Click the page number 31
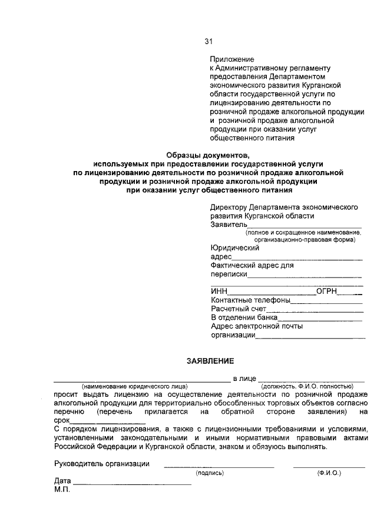[209, 41]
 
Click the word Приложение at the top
[232, 59]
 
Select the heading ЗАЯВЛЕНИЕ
[210, 360]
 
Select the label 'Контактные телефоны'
[251, 300]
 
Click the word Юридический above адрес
[235, 248]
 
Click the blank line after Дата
[133, 482]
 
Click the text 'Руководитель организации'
[101, 464]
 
